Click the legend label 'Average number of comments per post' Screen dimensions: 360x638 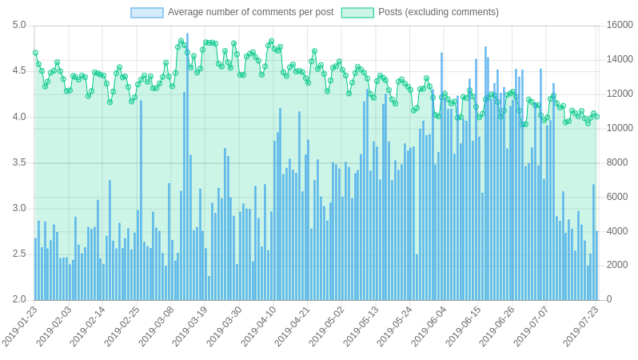250,12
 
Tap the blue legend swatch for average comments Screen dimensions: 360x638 147,13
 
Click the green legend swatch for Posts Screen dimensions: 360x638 357,13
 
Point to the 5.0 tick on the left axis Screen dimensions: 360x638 19,26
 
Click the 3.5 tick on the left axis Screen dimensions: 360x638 19,162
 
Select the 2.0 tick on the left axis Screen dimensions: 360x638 19,300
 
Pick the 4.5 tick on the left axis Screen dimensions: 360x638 19,71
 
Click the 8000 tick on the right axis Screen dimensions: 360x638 619,162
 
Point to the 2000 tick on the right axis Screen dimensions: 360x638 619,266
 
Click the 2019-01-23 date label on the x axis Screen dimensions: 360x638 21,326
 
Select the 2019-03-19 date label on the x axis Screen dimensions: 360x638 191,326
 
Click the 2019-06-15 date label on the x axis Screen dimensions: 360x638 465,326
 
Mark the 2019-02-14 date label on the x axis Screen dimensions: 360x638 89,326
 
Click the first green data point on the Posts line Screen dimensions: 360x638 35,53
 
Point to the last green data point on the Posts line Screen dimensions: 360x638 596,116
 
